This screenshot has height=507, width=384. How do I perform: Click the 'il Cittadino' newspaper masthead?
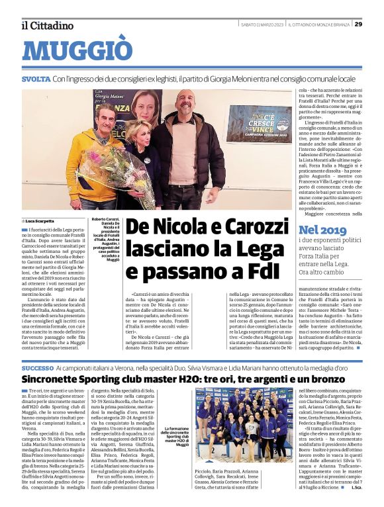pos(47,25)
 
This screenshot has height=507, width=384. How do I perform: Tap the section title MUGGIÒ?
pos(77,51)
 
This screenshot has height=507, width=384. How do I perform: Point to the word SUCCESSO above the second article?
pos(38,367)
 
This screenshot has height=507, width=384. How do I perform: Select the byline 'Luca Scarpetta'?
pos(40,220)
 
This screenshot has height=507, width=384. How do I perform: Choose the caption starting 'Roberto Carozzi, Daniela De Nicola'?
pos(105,239)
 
